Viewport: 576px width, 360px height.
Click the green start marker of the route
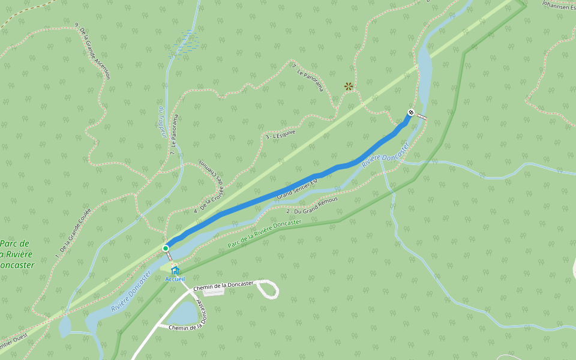(x=166, y=248)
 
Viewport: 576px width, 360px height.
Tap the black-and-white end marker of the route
(x=411, y=112)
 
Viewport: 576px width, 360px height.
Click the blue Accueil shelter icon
(x=175, y=271)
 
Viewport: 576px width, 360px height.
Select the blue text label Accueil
(x=175, y=279)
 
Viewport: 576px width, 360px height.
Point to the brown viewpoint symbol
(x=349, y=86)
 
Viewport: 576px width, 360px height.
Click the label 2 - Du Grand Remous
(x=312, y=205)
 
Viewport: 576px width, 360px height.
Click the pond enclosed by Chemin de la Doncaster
(x=184, y=313)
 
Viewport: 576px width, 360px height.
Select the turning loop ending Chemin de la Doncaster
(x=268, y=290)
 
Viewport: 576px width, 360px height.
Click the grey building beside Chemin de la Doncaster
(x=215, y=291)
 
